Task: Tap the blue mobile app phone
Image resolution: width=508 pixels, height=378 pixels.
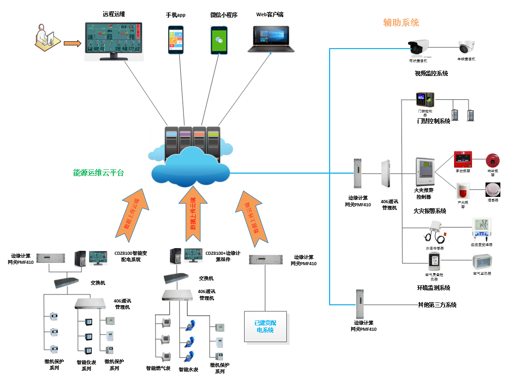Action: [x=176, y=40]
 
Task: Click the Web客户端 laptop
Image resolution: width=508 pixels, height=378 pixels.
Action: [x=271, y=40]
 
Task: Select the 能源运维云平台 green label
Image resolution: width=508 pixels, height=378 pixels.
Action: [x=98, y=173]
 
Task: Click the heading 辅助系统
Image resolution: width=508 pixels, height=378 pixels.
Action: [x=401, y=22]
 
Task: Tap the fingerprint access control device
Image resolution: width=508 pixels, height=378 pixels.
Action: [x=425, y=99]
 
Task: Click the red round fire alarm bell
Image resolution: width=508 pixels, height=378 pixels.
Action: [x=493, y=160]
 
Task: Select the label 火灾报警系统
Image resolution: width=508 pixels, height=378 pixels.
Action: [x=429, y=211]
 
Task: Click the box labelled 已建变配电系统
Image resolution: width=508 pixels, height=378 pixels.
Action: [x=265, y=327]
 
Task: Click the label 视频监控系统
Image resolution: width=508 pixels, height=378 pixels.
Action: [x=431, y=73]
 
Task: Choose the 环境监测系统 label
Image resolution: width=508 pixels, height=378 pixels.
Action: [x=433, y=288]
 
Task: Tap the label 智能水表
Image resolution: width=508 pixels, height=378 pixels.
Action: [x=188, y=369]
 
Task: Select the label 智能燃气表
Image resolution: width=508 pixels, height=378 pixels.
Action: [x=158, y=368]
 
